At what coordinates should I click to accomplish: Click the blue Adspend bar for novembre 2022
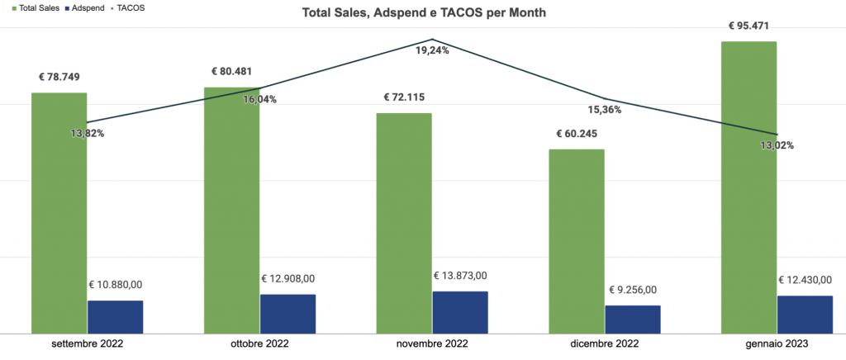point(460,311)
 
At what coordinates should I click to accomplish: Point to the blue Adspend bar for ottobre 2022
point(288,313)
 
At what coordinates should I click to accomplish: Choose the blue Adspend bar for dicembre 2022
point(633,319)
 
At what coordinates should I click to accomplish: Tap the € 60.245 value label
point(577,134)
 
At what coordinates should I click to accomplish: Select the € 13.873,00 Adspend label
point(460,276)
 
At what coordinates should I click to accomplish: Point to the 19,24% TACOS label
point(432,50)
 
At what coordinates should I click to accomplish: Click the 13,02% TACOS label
point(777,145)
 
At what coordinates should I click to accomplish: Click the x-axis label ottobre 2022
point(260,344)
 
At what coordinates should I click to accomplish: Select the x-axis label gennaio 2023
point(776,344)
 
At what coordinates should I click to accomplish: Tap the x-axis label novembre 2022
point(432,344)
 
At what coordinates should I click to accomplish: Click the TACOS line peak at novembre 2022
point(432,40)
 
